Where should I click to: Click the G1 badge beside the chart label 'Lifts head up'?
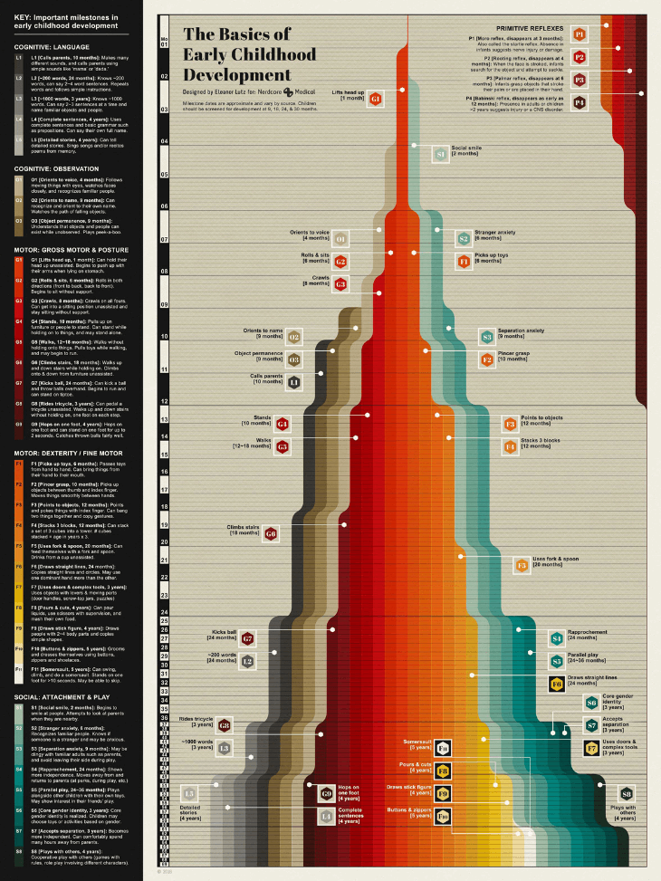coord(375,98)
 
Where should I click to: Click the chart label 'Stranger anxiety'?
coord(493,233)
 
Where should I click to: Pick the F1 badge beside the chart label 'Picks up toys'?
coord(464,262)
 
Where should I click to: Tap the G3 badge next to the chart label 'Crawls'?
coord(340,283)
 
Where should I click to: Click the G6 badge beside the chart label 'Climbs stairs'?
coord(271,534)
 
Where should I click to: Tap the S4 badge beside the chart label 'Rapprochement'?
coord(556,638)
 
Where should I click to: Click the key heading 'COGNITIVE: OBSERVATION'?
coord(51,168)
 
